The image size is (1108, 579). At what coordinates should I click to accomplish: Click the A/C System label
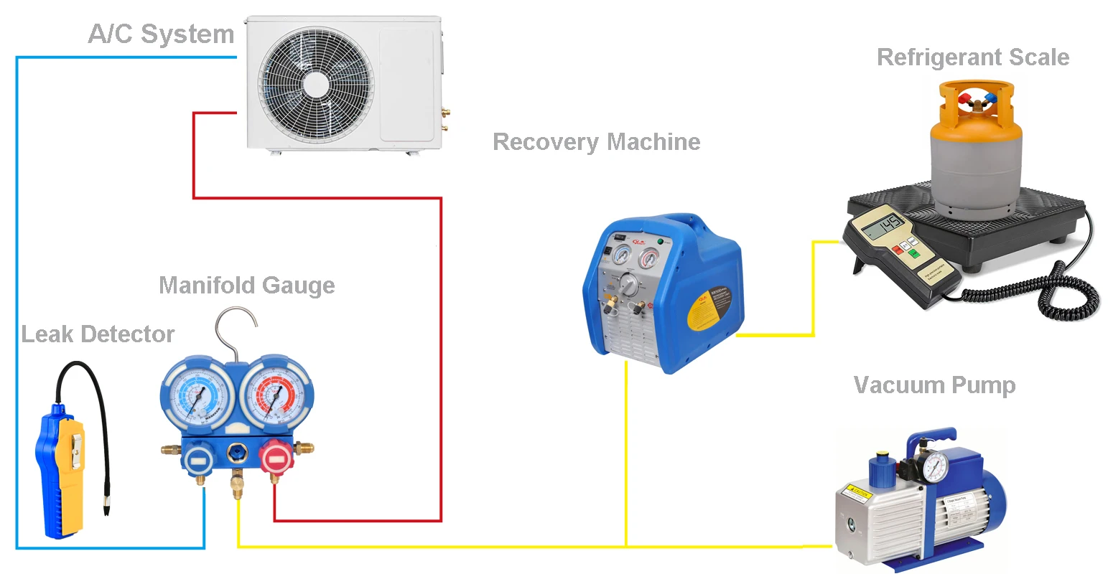161,34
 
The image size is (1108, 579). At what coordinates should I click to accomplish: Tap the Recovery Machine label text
596,142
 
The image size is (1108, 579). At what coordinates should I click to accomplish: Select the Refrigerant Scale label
973,57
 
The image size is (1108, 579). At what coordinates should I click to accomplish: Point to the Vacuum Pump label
934,385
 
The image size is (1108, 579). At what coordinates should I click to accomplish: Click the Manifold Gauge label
246,285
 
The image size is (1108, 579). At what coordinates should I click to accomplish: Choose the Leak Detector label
98,334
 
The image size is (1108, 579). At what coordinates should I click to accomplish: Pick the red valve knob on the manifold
274,458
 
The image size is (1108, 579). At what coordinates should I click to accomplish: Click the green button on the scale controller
913,253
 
